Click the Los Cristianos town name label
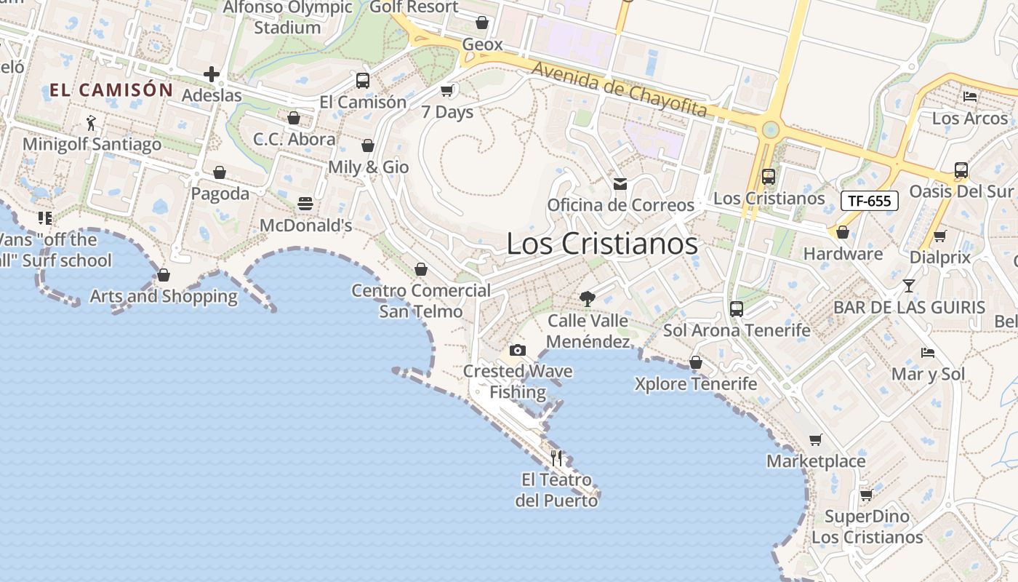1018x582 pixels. [602, 244]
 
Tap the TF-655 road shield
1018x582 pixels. [869, 201]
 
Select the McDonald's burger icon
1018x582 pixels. [305, 203]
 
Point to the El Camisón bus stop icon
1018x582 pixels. [363, 81]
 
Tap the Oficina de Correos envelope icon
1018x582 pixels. [620, 184]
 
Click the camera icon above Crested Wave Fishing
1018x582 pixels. [518, 351]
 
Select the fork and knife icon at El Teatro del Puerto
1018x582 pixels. [556, 458]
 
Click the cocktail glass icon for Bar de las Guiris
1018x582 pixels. [908, 285]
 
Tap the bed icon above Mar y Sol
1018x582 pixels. [928, 353]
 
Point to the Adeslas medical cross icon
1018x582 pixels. [211, 74]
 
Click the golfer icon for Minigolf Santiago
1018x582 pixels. [91, 122]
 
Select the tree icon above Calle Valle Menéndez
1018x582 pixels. [587, 298]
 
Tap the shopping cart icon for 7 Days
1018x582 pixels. [446, 91]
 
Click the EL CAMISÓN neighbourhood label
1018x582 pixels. [111, 90]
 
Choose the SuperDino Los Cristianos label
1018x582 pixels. [867, 527]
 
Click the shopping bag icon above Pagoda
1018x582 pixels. [219, 172]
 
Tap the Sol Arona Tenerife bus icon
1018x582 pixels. [736, 309]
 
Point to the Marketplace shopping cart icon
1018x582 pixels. [816, 439]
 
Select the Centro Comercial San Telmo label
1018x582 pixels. [421, 301]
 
